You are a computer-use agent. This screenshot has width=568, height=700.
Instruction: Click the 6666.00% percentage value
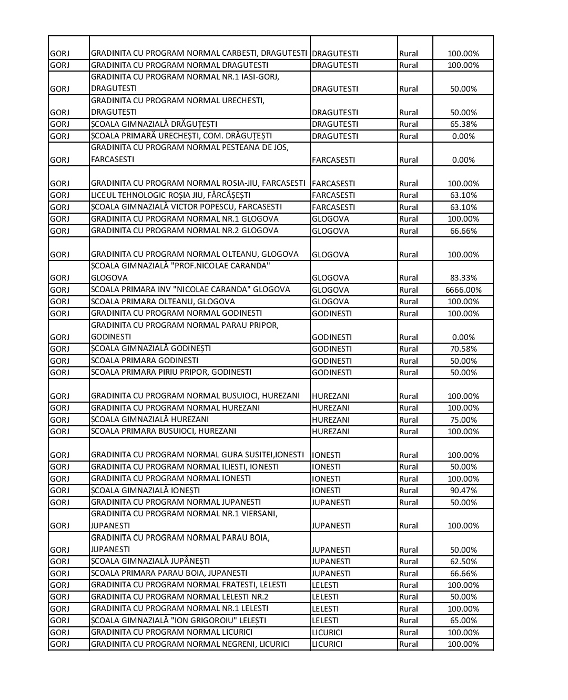point(463,290)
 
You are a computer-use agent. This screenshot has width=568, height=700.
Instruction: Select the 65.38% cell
point(463,124)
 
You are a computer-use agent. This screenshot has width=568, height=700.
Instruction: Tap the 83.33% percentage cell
point(463,278)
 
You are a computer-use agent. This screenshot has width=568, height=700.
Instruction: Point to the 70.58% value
point(463,349)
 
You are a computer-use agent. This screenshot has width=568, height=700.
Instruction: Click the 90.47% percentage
point(463,491)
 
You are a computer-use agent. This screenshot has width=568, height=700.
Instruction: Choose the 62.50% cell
point(463,562)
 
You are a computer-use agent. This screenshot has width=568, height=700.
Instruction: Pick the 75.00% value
point(463,420)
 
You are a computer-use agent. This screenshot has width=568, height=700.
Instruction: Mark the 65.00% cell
point(463,621)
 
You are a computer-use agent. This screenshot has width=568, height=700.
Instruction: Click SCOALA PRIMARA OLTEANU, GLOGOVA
point(163,302)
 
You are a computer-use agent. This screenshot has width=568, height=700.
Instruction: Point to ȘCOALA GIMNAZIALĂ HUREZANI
point(150,419)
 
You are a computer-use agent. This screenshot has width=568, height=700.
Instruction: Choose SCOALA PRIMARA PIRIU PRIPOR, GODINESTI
point(171,372)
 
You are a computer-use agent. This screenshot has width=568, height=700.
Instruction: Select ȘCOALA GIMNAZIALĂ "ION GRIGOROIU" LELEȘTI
point(179,621)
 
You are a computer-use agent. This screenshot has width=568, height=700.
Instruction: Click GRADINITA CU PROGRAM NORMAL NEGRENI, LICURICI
point(190,644)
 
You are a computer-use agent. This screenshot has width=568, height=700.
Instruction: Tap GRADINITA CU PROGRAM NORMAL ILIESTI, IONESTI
point(185,467)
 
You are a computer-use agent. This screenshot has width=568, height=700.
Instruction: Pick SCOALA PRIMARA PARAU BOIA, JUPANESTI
point(169,573)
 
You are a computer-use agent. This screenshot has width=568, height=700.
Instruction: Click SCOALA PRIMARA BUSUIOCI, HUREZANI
point(164,431)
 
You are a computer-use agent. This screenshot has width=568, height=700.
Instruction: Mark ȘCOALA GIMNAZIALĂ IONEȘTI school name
point(146,491)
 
